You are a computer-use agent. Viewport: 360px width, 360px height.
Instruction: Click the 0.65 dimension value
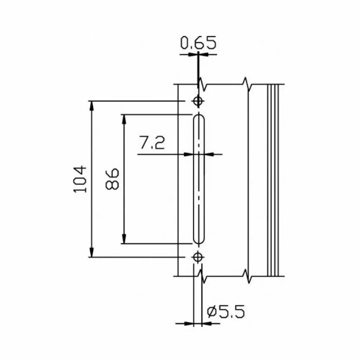[198, 43]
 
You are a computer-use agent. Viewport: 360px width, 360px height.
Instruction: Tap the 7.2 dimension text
[152, 143]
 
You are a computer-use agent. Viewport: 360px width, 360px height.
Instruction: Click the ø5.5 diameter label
[225, 311]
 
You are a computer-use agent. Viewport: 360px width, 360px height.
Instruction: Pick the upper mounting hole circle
[198, 101]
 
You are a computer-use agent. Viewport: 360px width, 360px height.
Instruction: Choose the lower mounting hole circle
[198, 257]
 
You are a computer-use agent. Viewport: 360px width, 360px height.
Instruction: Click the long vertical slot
[199, 179]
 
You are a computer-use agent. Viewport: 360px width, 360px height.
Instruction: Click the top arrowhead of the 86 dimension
[124, 118]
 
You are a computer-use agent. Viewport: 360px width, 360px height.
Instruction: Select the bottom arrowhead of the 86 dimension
[124, 239]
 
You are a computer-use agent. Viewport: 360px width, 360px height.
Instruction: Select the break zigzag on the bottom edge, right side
[247, 276]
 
